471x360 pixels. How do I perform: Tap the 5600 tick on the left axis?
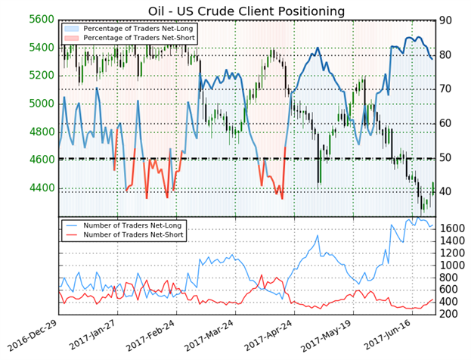pos(39,20)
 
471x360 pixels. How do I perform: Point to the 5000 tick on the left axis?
pos(39,104)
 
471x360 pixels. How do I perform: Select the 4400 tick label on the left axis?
pos(39,188)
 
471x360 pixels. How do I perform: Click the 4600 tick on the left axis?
pos(39,160)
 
